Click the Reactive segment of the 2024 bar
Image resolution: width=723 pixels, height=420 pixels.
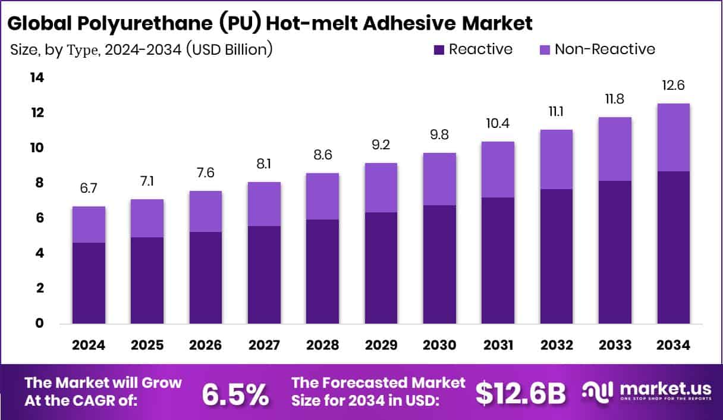89,283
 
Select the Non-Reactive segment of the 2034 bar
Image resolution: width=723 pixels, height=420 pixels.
674,137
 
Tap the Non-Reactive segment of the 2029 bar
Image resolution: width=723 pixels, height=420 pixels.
381,187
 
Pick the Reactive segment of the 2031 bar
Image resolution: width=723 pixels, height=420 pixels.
498,261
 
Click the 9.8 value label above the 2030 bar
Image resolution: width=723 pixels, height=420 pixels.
439,134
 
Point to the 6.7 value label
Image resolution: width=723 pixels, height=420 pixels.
89,188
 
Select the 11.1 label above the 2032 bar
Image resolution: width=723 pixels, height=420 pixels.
556,111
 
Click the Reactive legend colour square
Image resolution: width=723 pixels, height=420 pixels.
439,50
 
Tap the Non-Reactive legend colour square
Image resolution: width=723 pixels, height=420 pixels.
545,50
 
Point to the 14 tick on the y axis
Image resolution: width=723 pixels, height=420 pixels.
37,78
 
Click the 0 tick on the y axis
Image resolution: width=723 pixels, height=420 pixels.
38,324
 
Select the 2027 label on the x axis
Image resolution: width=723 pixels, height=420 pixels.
264,346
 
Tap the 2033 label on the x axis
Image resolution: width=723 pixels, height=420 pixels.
615,346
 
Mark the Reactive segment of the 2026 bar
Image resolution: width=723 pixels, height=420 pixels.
206,278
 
